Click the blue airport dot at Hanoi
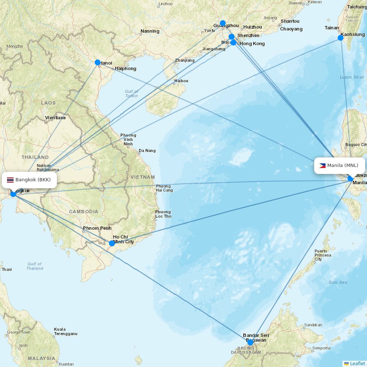98,62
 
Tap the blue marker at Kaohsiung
341,38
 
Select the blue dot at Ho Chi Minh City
112,243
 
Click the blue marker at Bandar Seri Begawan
250,342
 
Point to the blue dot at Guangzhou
222,23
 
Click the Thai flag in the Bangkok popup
10,180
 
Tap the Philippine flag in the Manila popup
322,166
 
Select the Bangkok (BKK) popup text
33,180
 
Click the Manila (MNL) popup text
343,166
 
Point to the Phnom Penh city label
97,228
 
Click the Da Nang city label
147,150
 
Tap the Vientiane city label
55,118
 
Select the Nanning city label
150,31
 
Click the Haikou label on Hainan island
181,81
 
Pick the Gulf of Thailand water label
34,266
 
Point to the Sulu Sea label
338,282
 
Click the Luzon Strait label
352,77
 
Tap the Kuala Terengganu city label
65,331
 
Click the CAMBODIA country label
84,212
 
